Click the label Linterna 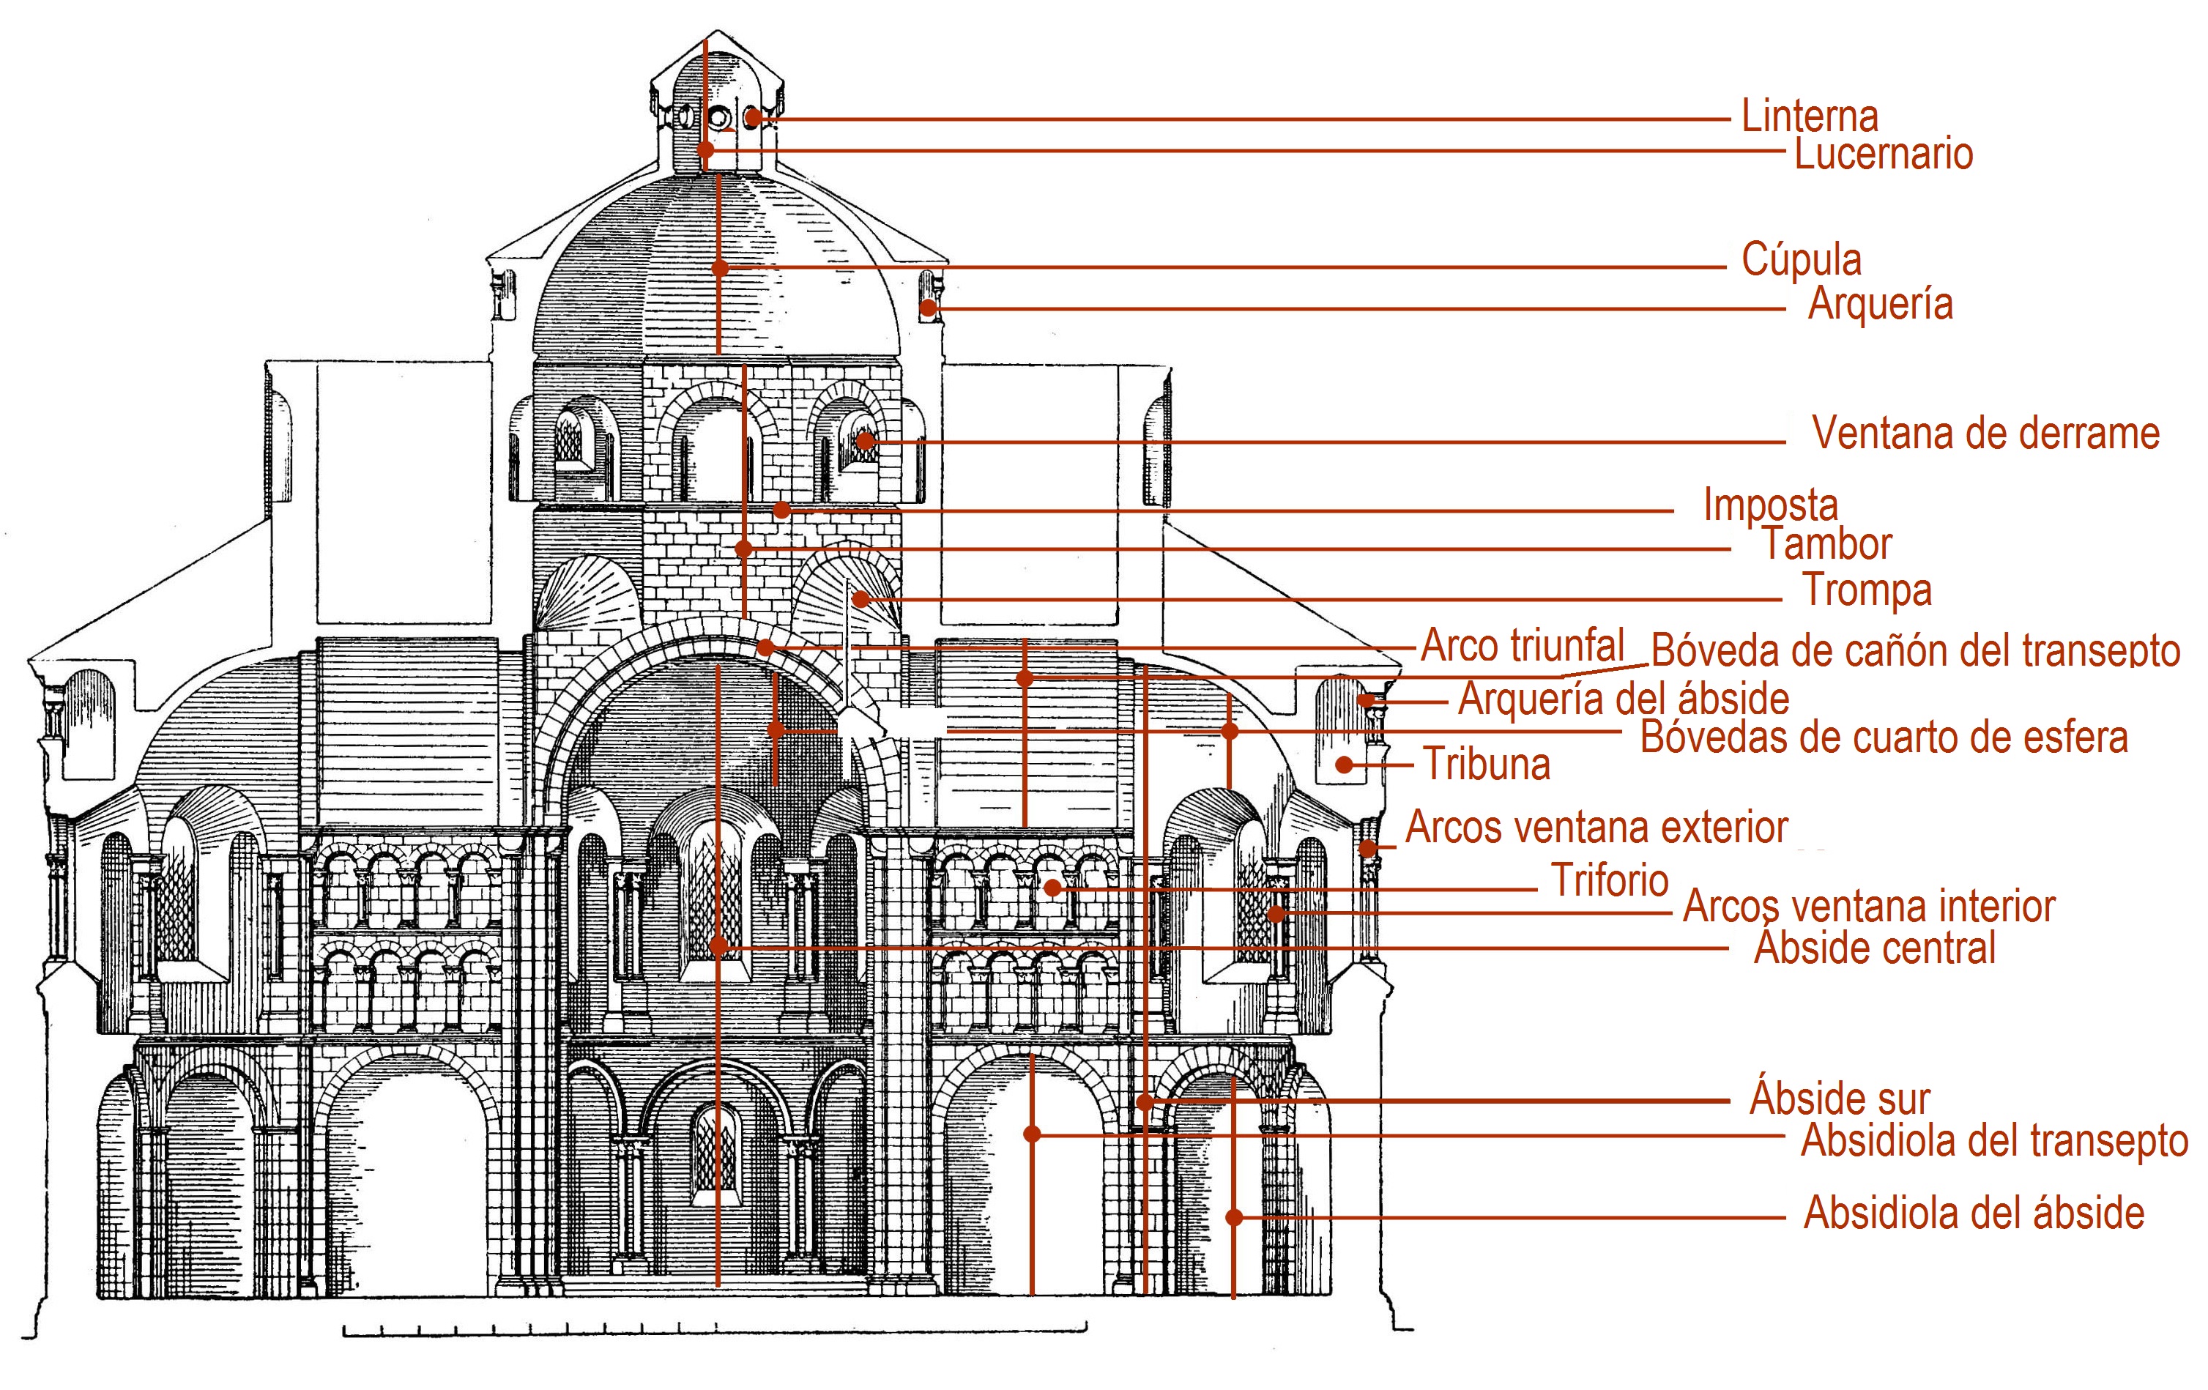click(1809, 117)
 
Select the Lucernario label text click(1883, 154)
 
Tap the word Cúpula click(1801, 261)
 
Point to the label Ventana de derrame click(1985, 434)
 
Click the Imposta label click(1770, 505)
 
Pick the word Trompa click(1867, 590)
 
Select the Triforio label click(1609, 881)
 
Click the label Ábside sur click(1840, 1099)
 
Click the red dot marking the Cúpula click(720, 268)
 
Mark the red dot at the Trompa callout click(860, 600)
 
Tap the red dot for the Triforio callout click(1052, 888)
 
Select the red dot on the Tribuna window click(1345, 765)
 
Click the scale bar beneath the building click(715, 1328)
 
